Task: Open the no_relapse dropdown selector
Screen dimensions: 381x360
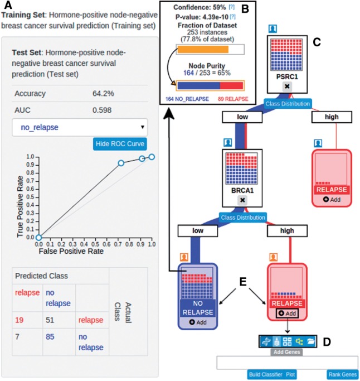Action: pyautogui.click(x=80, y=128)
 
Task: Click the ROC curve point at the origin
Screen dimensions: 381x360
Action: pyautogui.click(x=38, y=238)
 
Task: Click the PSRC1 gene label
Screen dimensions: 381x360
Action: pyautogui.click(x=285, y=77)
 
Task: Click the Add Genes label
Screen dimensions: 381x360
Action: pyautogui.click(x=286, y=353)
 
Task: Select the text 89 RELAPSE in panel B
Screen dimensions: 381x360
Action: pyautogui.click(x=228, y=98)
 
